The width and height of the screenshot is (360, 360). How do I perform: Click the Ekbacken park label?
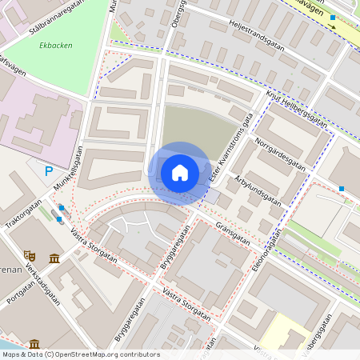point(56,46)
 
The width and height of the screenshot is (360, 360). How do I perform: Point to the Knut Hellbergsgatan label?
point(295,108)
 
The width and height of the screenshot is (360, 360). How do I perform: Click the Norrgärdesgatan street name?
point(280,153)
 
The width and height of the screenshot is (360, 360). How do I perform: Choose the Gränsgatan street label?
point(234,234)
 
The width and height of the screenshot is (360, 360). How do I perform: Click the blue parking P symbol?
point(49,170)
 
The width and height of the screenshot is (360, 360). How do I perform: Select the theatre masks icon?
point(30,254)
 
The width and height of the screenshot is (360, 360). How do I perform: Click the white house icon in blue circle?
point(180,173)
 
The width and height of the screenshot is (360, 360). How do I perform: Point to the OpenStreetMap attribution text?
point(81,354)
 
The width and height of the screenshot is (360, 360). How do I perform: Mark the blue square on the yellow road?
point(333,17)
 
